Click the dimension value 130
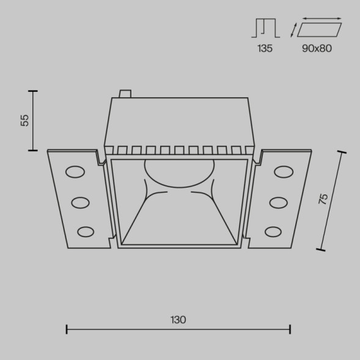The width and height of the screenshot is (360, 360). click(x=178, y=320)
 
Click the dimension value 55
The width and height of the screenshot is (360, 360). click(x=25, y=120)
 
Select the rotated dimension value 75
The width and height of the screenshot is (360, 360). click(x=323, y=198)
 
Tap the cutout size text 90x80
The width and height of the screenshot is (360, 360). click(x=317, y=48)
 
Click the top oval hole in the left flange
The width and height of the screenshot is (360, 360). click(x=76, y=172)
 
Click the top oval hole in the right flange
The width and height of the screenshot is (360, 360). click(x=283, y=172)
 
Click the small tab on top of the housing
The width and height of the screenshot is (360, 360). click(x=125, y=94)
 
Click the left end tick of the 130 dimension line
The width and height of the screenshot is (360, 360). click(x=67, y=329)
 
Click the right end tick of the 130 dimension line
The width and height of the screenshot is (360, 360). click(x=290, y=329)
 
